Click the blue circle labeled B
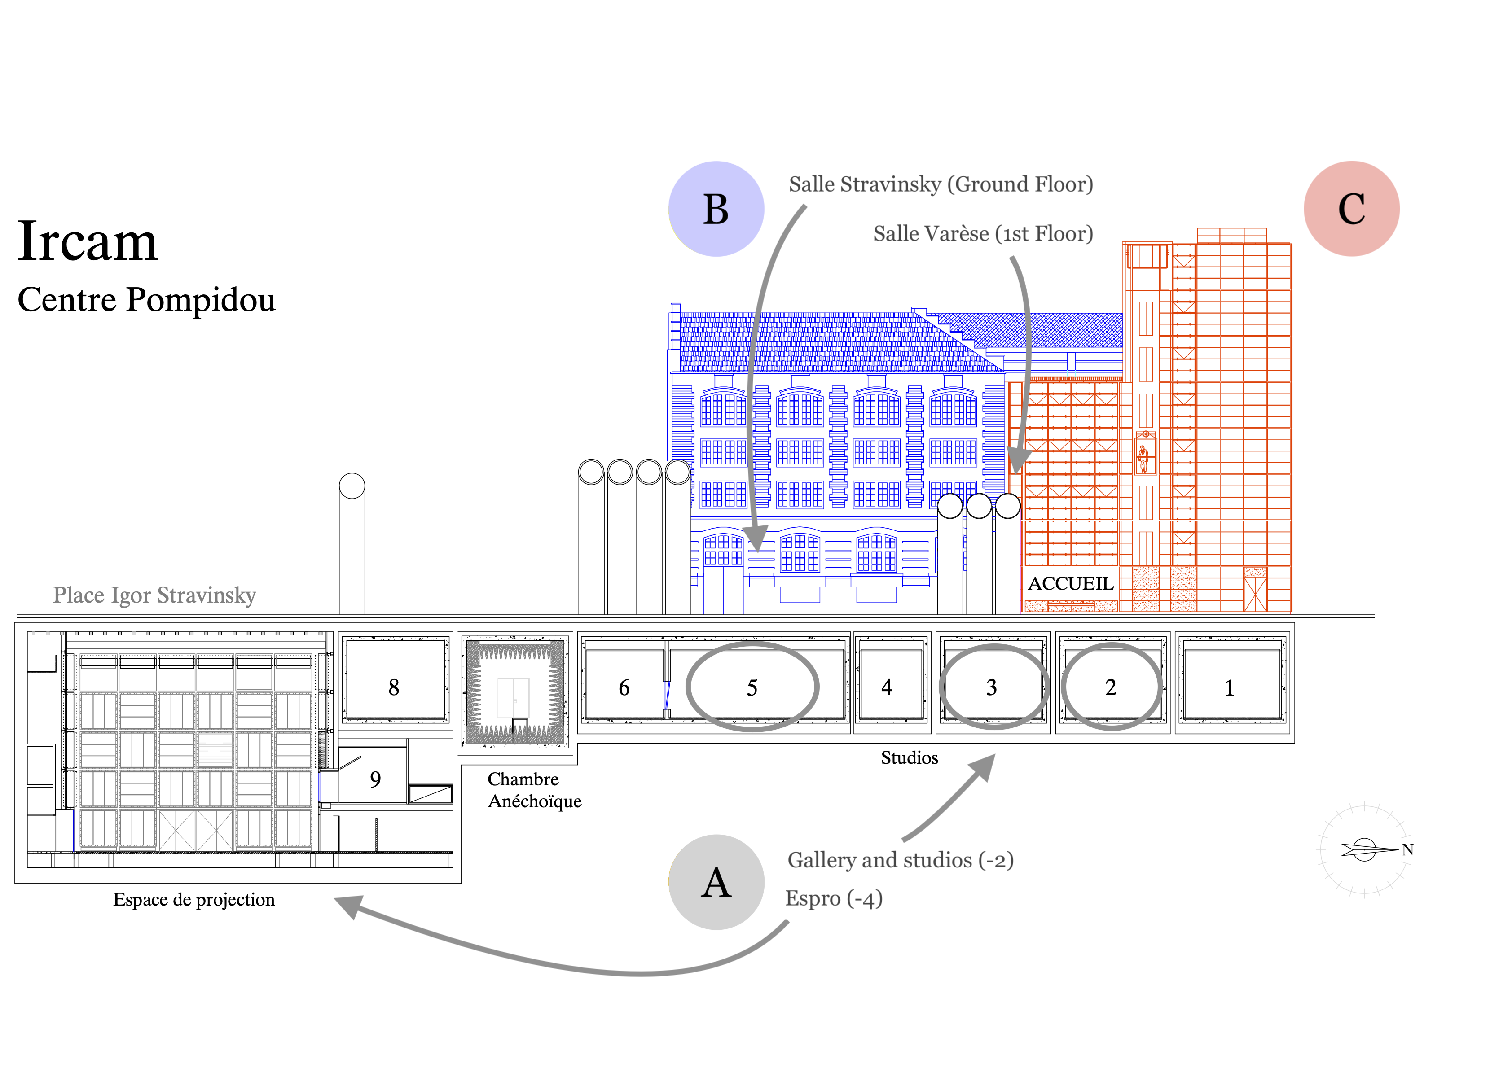coord(716,209)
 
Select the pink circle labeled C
coord(1351,209)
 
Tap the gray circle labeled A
coord(716,882)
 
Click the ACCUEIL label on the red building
coord(1071,583)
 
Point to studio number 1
coord(1229,687)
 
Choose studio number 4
coord(886,687)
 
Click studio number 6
coord(624,687)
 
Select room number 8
coord(394,687)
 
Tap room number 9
coord(375,779)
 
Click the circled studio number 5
coord(752,687)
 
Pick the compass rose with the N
coord(1364,849)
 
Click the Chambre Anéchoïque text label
coord(534,790)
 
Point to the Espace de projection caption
coord(193,899)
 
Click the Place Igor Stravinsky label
coord(154,595)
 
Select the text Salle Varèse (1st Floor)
coord(983,234)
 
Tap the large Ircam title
coord(88,242)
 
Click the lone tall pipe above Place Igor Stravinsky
coord(352,547)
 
